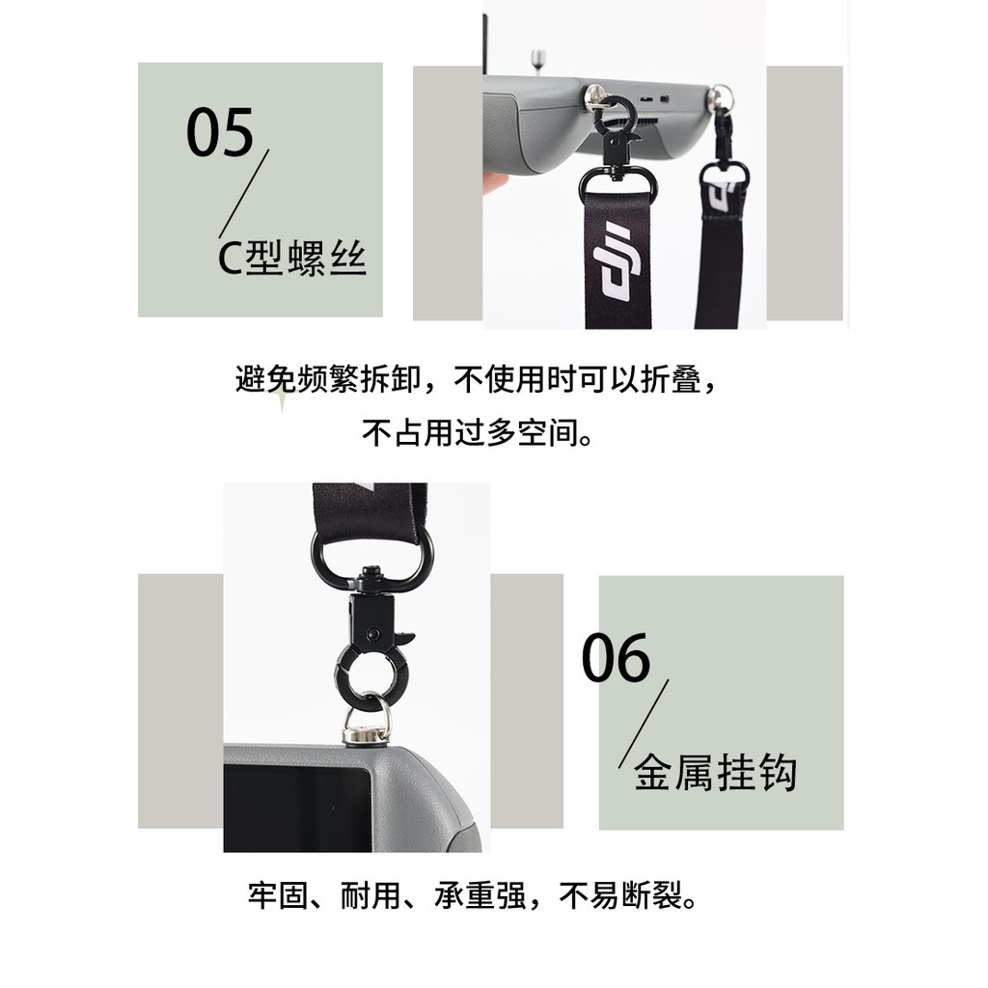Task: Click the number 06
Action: [616, 658]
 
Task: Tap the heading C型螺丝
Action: [291, 258]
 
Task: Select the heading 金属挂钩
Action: [715, 772]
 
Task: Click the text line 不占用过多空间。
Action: [478, 433]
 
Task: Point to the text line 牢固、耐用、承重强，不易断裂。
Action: [473, 894]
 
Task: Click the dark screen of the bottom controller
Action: [297, 808]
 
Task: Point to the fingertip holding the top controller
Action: [495, 183]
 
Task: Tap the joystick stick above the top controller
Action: [537, 60]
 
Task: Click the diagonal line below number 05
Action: [244, 193]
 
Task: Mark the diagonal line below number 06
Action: [644, 724]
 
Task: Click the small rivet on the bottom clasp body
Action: [373, 633]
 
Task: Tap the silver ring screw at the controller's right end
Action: [720, 98]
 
